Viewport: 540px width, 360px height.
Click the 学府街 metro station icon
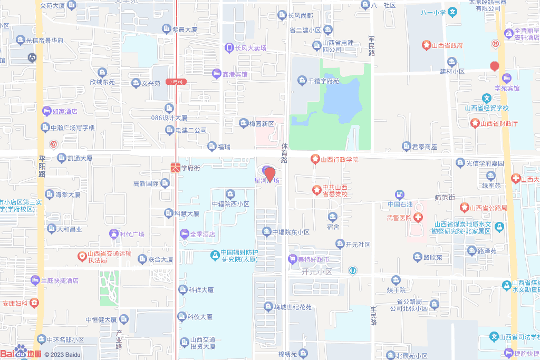(x=175, y=168)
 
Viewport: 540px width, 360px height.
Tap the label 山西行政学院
(x=339, y=159)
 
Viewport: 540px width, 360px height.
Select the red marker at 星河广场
(x=269, y=174)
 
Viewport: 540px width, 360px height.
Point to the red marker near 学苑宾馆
(x=495, y=66)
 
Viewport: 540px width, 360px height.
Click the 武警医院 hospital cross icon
(x=418, y=218)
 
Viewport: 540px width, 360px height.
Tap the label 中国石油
(x=399, y=205)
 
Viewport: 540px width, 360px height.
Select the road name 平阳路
(x=42, y=166)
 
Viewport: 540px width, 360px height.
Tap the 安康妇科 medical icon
(x=34, y=303)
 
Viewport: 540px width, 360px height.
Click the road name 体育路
(x=284, y=152)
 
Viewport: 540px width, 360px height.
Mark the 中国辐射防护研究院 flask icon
(x=215, y=256)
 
